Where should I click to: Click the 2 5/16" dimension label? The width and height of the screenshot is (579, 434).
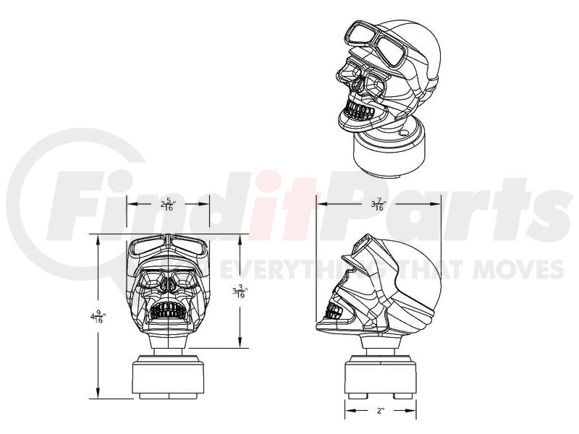tap(167, 205)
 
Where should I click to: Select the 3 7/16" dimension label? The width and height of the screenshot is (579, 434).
tap(379, 205)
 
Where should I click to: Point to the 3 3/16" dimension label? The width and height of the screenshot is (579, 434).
tap(240, 292)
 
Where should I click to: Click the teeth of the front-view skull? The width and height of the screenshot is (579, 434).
tap(167, 310)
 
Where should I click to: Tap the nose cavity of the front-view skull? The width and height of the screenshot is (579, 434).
tap(169, 284)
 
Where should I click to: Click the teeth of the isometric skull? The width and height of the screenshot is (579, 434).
tap(359, 111)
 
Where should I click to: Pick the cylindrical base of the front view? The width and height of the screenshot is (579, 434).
tap(168, 377)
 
